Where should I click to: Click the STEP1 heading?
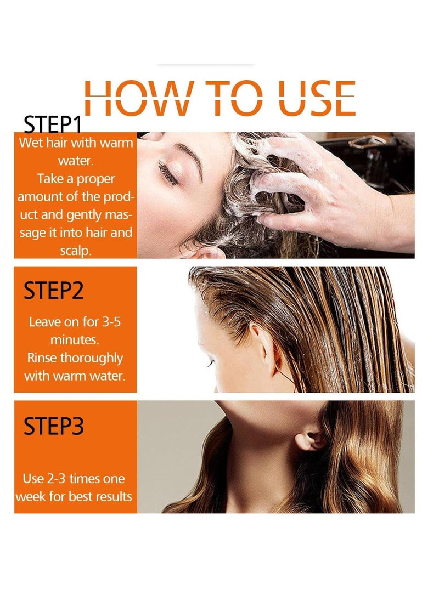(x=53, y=125)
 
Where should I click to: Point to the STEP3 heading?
(x=53, y=426)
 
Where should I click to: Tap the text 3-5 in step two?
(x=107, y=322)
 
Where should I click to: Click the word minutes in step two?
(x=75, y=339)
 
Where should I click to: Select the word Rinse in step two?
(x=43, y=358)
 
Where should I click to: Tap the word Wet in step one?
(x=30, y=143)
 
